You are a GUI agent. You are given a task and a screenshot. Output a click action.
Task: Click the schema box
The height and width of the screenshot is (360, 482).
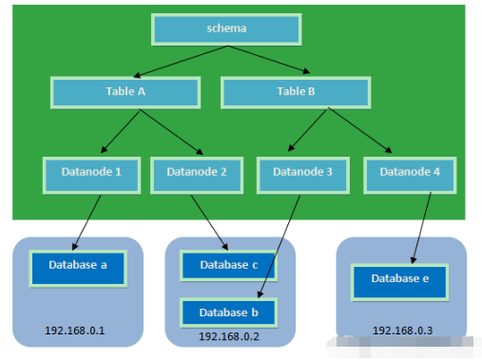point(226,29)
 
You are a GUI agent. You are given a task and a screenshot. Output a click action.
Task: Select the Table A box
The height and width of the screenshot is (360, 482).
point(125,92)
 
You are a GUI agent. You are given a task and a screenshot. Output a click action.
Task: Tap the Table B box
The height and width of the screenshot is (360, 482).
point(296,92)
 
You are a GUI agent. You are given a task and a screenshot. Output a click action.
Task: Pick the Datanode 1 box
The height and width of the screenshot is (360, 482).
point(91,175)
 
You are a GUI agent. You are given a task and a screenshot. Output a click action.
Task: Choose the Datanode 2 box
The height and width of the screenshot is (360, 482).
point(197,175)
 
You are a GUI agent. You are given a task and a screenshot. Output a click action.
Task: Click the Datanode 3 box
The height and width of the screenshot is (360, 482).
point(303,175)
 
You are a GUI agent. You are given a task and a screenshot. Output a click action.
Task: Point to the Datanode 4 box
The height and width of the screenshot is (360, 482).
point(410,175)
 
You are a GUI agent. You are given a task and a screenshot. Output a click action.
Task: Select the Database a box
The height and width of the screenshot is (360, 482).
point(78,269)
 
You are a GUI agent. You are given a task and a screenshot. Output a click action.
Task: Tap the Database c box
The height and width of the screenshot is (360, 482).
point(228,265)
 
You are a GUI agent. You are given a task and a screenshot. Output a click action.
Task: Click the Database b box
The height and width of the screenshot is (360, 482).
point(228,313)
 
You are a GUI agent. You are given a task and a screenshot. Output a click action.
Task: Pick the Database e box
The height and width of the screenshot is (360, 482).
point(400,282)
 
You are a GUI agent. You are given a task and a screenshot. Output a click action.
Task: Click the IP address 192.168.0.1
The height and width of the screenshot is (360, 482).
point(75,331)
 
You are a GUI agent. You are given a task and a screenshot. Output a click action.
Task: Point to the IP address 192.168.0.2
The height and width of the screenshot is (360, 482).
point(229,336)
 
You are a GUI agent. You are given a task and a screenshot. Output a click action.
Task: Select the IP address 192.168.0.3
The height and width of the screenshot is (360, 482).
point(402,331)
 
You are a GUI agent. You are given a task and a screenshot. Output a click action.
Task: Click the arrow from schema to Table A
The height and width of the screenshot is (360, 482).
point(181,62)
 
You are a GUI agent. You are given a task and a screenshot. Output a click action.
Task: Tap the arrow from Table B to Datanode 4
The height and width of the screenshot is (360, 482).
point(360,130)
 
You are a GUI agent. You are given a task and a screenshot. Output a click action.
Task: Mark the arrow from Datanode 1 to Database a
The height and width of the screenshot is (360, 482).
point(87,222)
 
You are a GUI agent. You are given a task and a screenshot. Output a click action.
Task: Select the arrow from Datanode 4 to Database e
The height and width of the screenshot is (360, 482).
point(421,228)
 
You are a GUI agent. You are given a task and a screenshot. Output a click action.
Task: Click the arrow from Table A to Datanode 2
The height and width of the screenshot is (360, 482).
point(171,132)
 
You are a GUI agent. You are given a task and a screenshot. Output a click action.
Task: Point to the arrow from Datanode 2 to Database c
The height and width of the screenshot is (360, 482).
point(209,223)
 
